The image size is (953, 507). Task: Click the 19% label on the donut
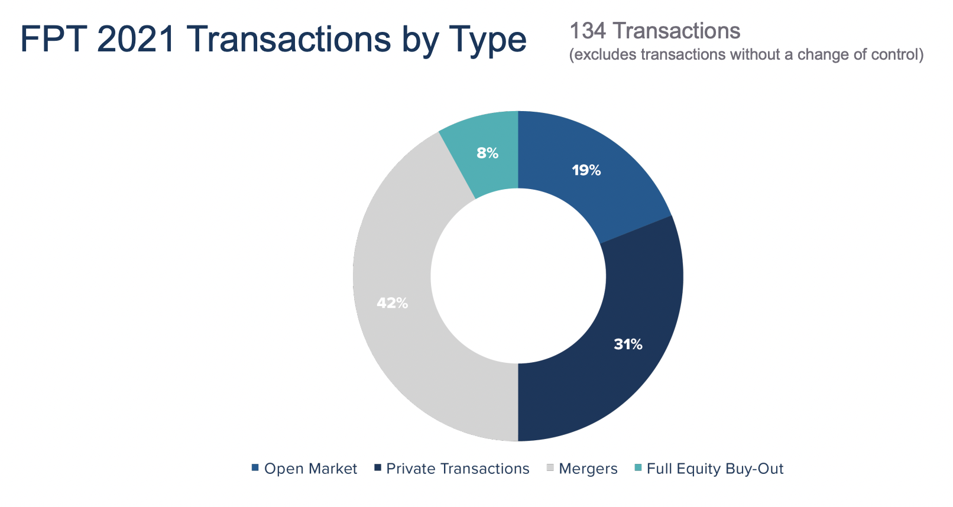pos(586,171)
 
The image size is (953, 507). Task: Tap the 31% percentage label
pos(628,344)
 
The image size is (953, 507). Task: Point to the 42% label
pos(393,303)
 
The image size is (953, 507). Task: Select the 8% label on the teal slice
pos(488,153)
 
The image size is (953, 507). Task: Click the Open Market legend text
pos(310,469)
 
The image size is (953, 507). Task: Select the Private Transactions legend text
pos(458,469)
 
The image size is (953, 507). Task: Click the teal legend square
pos(638,468)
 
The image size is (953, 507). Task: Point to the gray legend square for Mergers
pos(550,468)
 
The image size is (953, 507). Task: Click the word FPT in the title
pos(53,39)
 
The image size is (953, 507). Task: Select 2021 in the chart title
pos(135,39)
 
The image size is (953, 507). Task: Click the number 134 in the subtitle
pos(588,31)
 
